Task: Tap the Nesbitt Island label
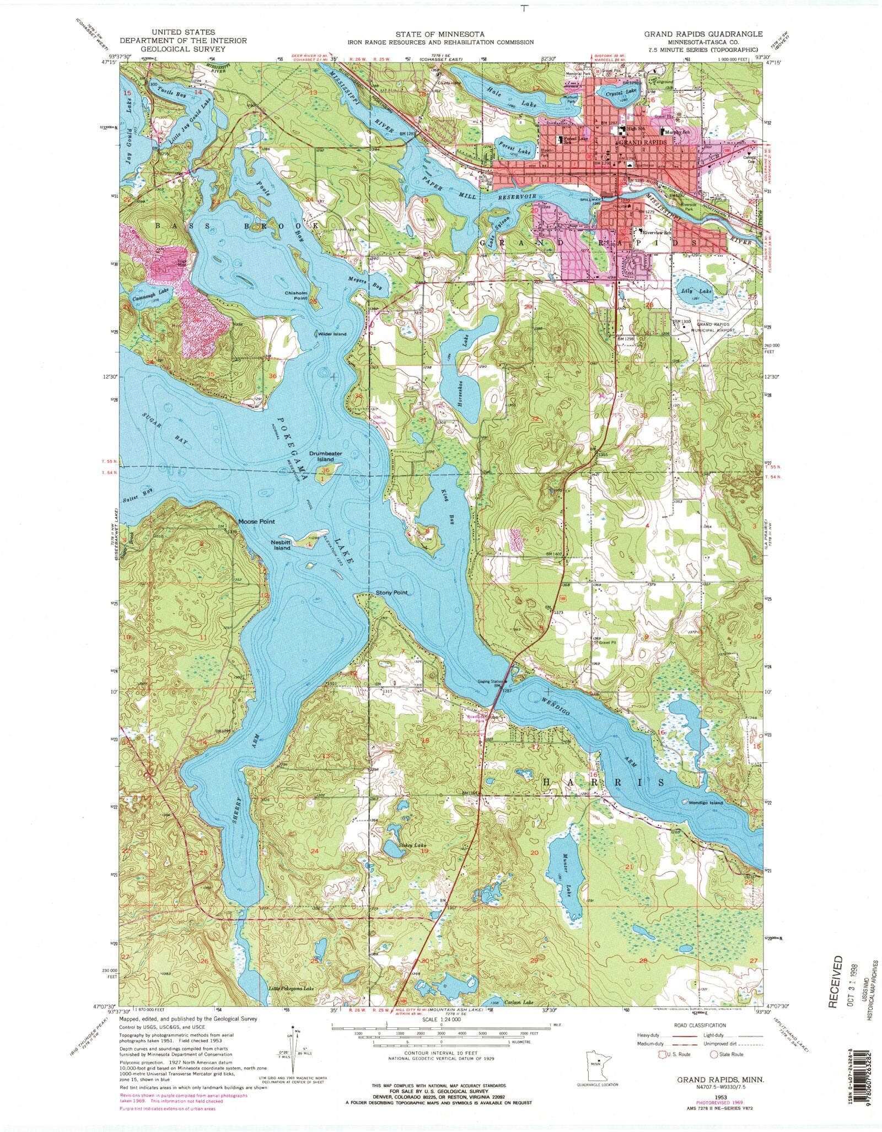281,545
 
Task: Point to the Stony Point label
391,593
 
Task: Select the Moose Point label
256,521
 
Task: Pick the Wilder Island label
331,334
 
